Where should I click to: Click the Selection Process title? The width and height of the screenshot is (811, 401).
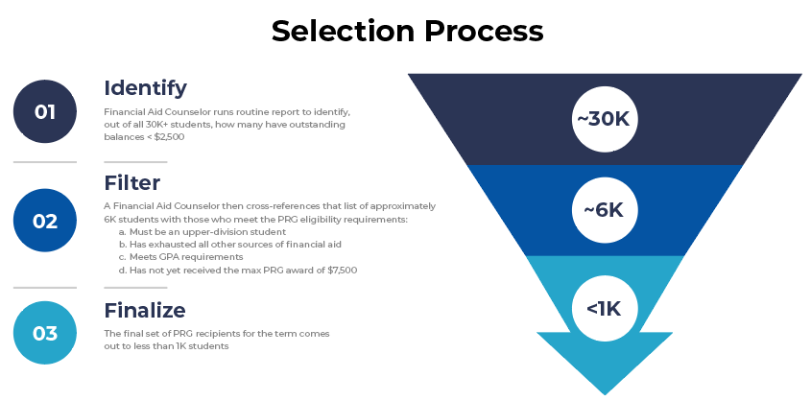(x=408, y=31)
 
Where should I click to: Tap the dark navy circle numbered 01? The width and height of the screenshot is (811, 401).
(x=45, y=111)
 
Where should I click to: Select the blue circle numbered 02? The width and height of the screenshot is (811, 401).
(x=45, y=221)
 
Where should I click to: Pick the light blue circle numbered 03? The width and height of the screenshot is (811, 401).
(x=45, y=333)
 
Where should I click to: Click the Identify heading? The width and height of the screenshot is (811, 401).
(x=145, y=88)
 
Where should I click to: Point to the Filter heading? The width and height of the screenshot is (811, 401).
(x=132, y=183)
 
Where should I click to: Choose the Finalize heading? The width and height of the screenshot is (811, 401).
(x=145, y=310)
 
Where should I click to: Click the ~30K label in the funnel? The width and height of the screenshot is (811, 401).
(x=605, y=119)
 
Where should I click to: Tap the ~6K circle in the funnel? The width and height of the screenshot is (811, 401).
(x=605, y=210)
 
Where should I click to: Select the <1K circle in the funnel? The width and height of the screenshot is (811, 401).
(x=605, y=309)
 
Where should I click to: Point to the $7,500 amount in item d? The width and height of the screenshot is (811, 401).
(x=343, y=270)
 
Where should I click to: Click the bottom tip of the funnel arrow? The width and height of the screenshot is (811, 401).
(x=605, y=395)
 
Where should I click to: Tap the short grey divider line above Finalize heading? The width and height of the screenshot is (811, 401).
(x=135, y=288)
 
